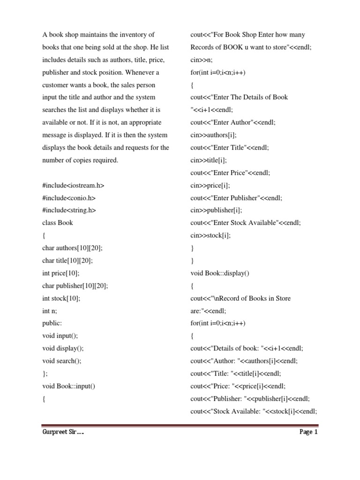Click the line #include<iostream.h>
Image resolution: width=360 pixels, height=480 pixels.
pyautogui.click(x=73, y=185)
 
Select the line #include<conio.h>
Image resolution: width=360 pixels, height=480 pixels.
pyautogui.click(x=69, y=198)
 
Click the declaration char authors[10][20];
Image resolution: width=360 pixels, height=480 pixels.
pyautogui.click(x=72, y=248)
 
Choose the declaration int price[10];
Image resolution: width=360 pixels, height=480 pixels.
pyautogui.click(x=61, y=273)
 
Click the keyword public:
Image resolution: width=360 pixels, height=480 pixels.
pyautogui.click(x=52, y=323)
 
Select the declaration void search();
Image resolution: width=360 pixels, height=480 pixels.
pyautogui.click(x=62, y=361)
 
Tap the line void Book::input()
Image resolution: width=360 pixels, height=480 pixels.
pyautogui.click(x=69, y=386)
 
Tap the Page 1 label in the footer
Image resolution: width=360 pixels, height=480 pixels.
pyautogui.click(x=308, y=432)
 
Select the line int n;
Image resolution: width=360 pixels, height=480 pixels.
pyautogui.click(x=50, y=311)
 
